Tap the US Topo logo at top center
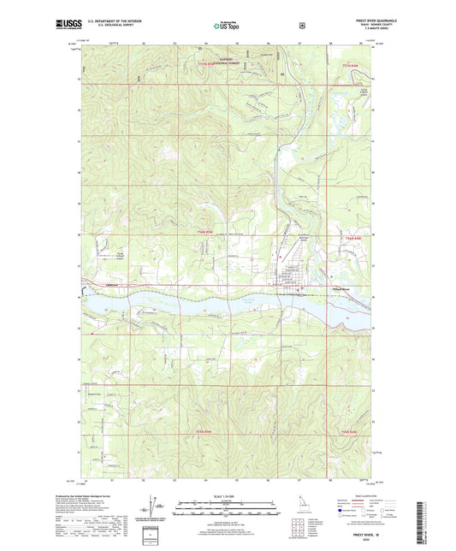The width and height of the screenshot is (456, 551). coord(227,27)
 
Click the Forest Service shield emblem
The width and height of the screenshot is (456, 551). coord(303,26)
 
